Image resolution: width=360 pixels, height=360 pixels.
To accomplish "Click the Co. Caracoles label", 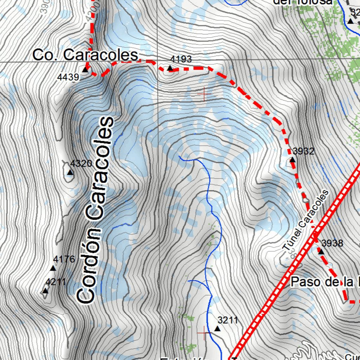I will [x=85, y=55].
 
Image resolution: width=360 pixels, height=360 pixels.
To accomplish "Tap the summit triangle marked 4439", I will [x=85, y=70].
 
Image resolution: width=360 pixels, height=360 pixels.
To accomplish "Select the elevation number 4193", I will [x=181, y=59].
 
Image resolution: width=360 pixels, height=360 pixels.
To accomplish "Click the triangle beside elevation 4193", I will [x=170, y=68].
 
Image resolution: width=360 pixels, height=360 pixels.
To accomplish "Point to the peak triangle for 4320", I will [x=70, y=172].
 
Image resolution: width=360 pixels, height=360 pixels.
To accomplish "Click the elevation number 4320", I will [x=81, y=163].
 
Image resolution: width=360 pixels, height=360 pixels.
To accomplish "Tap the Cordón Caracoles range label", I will [x=96, y=210].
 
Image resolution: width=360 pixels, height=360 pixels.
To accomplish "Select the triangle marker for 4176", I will [x=53, y=268].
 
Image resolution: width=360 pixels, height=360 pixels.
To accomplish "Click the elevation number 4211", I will [x=56, y=282].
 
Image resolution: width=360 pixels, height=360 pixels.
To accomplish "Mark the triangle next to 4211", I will [x=45, y=291].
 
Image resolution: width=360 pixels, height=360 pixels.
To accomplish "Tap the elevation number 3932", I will [x=303, y=152].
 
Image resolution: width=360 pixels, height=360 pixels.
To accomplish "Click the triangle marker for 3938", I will [x=321, y=251].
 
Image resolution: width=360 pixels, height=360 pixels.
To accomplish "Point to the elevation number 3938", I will [x=332, y=243].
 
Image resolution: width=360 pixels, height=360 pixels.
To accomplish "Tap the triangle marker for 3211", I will [x=217, y=329].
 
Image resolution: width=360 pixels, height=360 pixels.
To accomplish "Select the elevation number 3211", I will [x=228, y=320].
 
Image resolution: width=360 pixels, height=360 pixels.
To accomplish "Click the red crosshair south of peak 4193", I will [x=204, y=94].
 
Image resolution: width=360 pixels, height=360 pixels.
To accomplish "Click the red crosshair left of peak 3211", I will [x=204, y=332].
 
